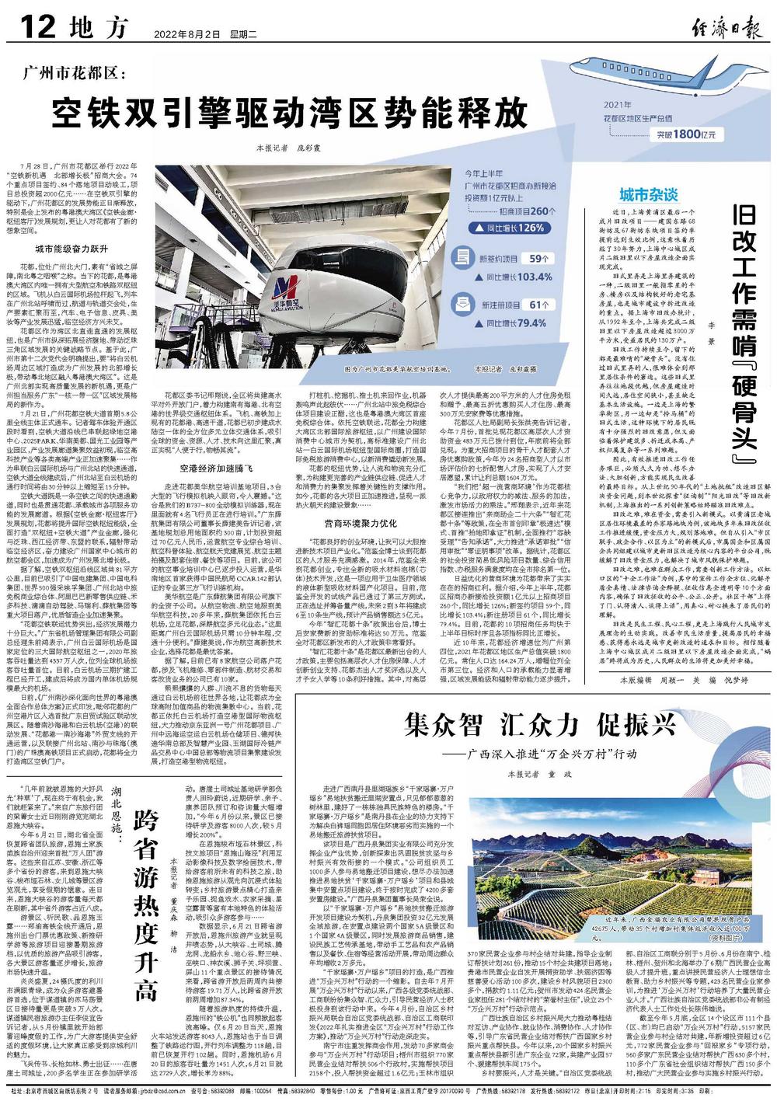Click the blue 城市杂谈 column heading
pyautogui.click(x=645, y=193)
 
